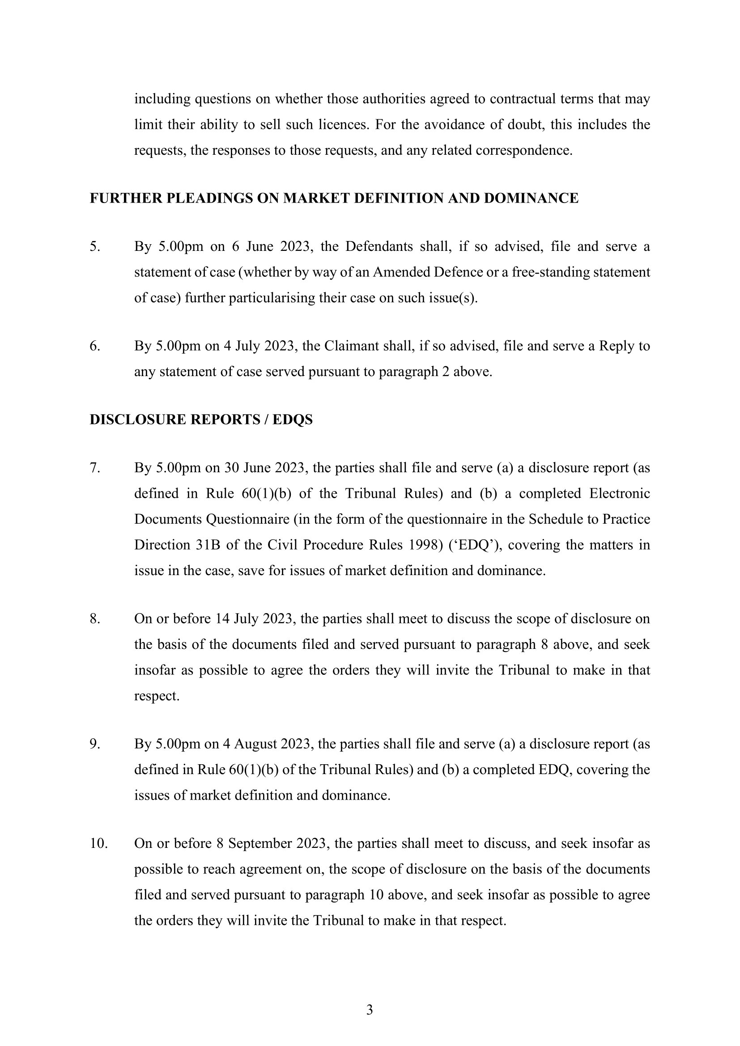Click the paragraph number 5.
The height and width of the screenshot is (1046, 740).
tap(94, 246)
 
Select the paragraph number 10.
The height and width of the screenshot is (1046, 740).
tap(98, 843)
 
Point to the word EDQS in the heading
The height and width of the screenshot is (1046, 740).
tap(293, 419)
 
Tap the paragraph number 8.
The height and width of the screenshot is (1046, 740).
tap(94, 618)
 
